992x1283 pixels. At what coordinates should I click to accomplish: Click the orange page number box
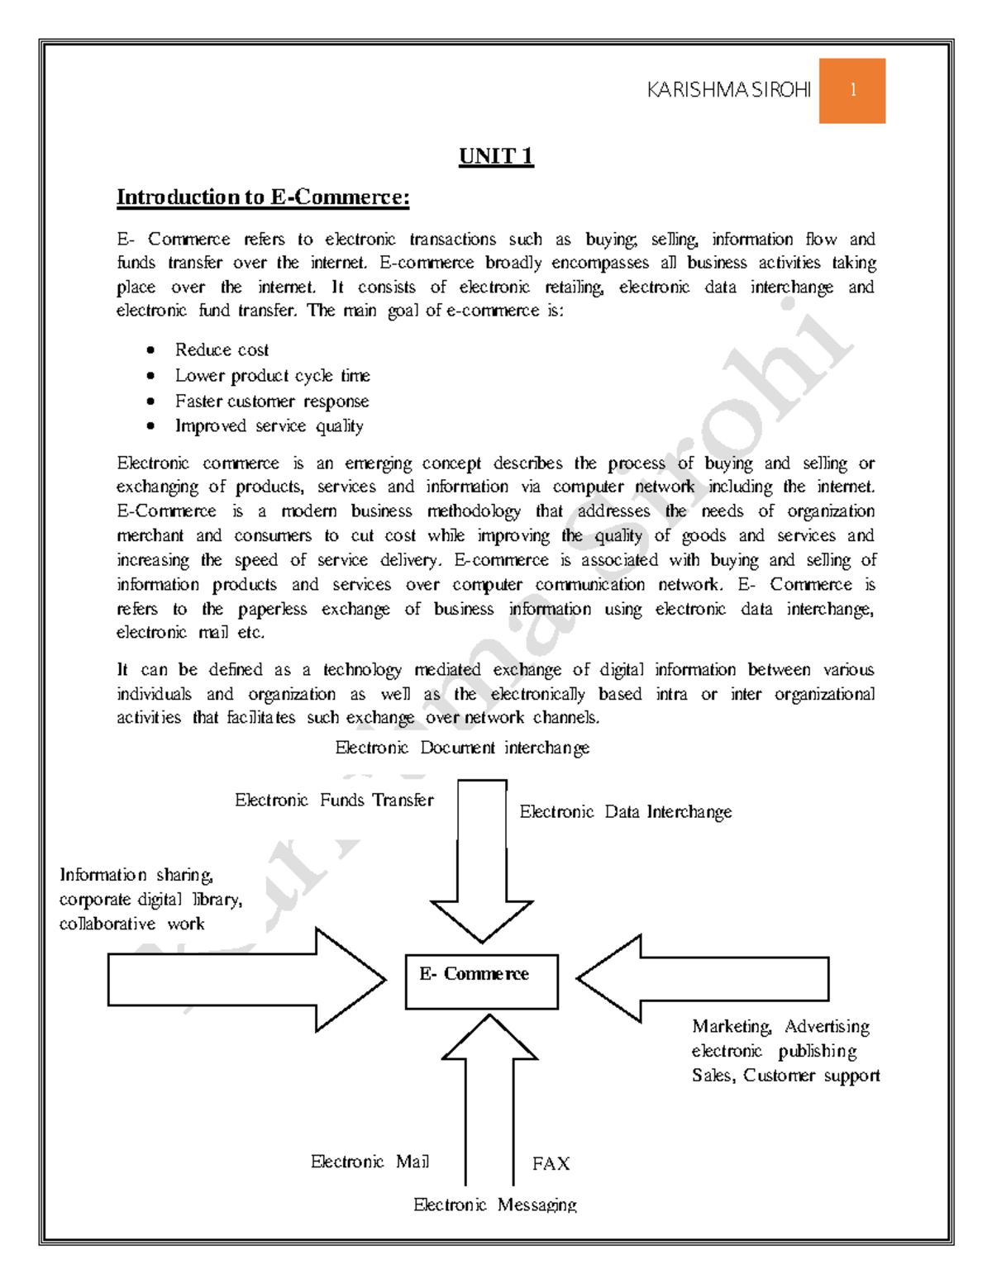(851, 91)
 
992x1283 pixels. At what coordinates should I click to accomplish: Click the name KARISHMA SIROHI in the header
(728, 91)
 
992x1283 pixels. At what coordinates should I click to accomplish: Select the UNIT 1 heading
(496, 156)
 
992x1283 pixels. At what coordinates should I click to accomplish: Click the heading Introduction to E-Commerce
(263, 197)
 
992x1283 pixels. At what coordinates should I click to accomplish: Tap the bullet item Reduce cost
(222, 349)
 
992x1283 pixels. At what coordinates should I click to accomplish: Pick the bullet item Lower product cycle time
(272, 375)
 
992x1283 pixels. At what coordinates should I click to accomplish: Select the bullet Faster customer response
(271, 401)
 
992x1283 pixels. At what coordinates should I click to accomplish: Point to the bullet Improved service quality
(269, 425)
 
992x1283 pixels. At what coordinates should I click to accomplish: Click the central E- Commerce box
(481, 981)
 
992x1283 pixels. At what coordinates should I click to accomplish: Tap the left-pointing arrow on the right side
(703, 979)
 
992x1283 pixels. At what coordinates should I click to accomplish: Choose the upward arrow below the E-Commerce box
(489, 1091)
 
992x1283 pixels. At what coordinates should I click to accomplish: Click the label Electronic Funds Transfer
(334, 800)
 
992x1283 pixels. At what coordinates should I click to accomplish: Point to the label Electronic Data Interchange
(625, 812)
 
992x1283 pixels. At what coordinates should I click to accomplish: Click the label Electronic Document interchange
(462, 748)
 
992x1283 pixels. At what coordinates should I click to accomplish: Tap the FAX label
(551, 1163)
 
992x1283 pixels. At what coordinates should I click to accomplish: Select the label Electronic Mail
(370, 1162)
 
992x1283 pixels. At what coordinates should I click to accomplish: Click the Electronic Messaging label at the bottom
(494, 1205)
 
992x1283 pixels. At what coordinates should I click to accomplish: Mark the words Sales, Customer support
(785, 1075)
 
